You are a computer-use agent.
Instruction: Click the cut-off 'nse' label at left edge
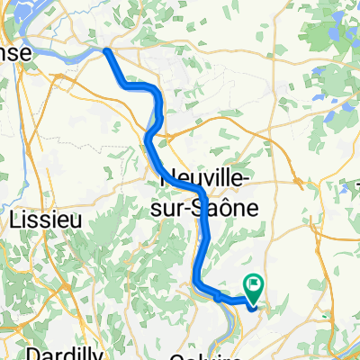16,54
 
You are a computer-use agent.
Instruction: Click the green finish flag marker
255,288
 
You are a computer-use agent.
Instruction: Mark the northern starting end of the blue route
107,51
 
